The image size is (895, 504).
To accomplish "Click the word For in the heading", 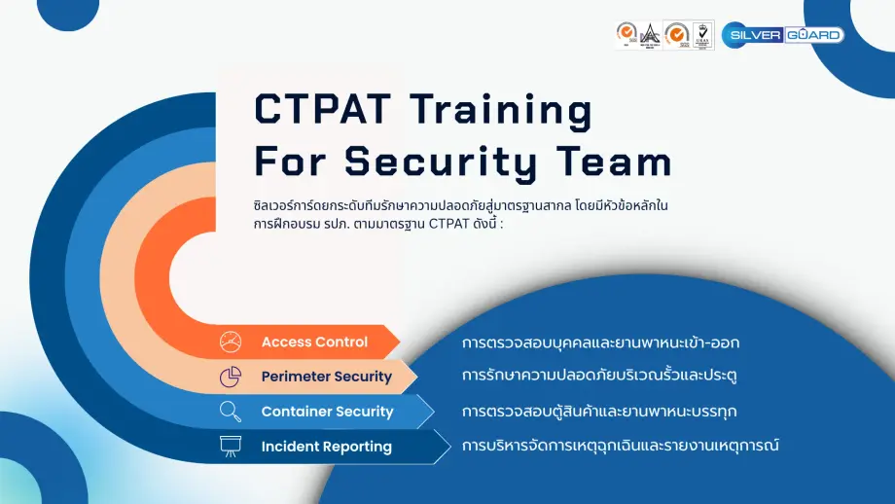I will click(x=290, y=161).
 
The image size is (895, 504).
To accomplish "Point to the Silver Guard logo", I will click(x=782, y=34).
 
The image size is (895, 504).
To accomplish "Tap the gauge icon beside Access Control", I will click(x=231, y=342).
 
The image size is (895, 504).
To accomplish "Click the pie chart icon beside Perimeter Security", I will click(x=231, y=377).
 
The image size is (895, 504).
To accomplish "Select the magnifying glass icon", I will click(x=231, y=412).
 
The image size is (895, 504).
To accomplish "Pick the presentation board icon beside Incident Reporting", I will click(x=231, y=447).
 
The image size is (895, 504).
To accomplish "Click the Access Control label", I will click(x=314, y=342).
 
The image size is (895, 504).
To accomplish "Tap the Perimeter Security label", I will click(x=326, y=377).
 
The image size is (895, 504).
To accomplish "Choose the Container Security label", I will click(x=327, y=412).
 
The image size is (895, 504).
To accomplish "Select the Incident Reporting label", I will click(x=326, y=447).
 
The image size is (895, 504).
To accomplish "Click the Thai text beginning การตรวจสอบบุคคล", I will click(x=607, y=342).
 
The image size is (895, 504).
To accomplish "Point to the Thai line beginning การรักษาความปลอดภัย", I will click(x=605, y=376).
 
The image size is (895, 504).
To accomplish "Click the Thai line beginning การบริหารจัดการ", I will click(x=621, y=446).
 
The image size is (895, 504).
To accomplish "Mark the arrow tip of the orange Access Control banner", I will click(x=398, y=342).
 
